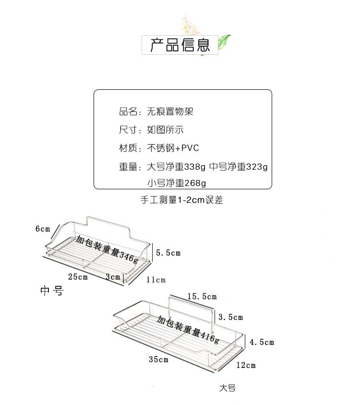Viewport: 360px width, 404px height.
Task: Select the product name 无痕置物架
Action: [x=169, y=112]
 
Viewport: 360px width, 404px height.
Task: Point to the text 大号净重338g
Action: [x=176, y=167]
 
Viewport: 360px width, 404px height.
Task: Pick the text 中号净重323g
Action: [x=239, y=167]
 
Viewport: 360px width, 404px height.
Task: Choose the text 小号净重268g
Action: [x=176, y=183]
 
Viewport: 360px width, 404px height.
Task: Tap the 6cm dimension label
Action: [x=43, y=229]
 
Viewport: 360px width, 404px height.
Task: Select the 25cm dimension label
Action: [x=78, y=277]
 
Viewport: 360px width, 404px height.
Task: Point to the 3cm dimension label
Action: [x=113, y=277]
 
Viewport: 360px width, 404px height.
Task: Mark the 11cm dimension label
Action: [x=156, y=280]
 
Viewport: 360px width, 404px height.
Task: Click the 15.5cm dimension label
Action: [x=202, y=296]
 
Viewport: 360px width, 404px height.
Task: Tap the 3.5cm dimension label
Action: [x=230, y=317]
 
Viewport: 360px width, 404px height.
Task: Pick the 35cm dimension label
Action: [x=158, y=359]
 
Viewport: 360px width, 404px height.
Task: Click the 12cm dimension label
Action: [x=246, y=365]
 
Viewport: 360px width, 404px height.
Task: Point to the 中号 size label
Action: [x=51, y=291]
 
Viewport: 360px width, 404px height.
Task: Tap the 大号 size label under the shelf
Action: [x=228, y=388]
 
